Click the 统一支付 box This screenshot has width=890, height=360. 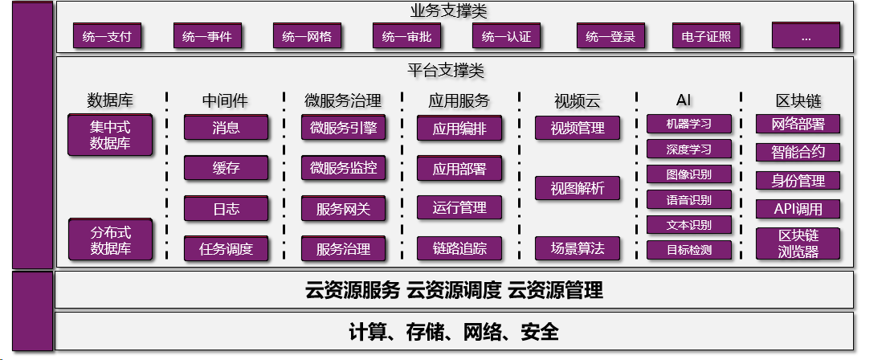(x=107, y=36)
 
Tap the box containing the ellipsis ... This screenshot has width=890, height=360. (x=806, y=36)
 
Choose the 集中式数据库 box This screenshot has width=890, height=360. (x=110, y=135)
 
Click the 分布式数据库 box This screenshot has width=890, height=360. (x=110, y=239)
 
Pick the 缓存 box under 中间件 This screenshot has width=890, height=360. (x=226, y=168)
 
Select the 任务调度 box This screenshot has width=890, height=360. (x=226, y=249)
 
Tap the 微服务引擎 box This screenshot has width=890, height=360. (x=343, y=127)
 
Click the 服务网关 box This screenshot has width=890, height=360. (x=343, y=209)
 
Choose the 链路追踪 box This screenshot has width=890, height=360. (x=459, y=248)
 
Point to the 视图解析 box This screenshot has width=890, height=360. (x=577, y=188)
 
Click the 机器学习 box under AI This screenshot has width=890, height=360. (x=688, y=124)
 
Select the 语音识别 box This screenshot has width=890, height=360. (x=688, y=199)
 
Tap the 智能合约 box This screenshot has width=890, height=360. (x=798, y=152)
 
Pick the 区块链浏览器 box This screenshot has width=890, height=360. (x=798, y=243)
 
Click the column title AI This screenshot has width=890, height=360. (x=684, y=100)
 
